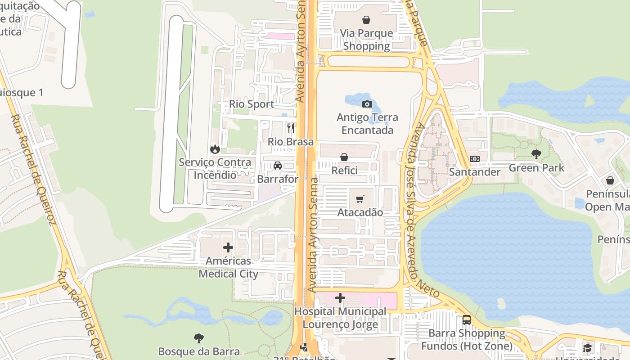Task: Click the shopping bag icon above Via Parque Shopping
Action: coord(366,20)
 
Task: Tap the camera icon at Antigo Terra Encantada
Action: coord(367,104)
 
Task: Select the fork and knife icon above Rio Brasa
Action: coord(291,129)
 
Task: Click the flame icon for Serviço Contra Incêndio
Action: coord(215,149)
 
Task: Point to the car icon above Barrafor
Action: coord(278,166)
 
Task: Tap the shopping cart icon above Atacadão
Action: coord(360,199)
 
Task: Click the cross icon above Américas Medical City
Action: coord(228,247)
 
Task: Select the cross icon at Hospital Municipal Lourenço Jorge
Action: coord(340,298)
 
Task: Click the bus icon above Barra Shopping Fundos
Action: coord(467,320)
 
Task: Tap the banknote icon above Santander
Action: coord(474,159)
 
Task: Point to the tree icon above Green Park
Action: coord(536,154)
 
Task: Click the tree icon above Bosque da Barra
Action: coord(198,338)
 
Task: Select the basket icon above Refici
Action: coord(344,157)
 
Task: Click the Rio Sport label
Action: coord(252,104)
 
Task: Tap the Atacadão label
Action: coord(360,212)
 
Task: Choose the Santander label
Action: coord(474,172)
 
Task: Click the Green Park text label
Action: coord(536,168)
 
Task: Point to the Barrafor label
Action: coord(278,179)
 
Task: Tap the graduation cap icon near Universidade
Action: coord(587,348)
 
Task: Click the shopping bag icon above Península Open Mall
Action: coord(610,180)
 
